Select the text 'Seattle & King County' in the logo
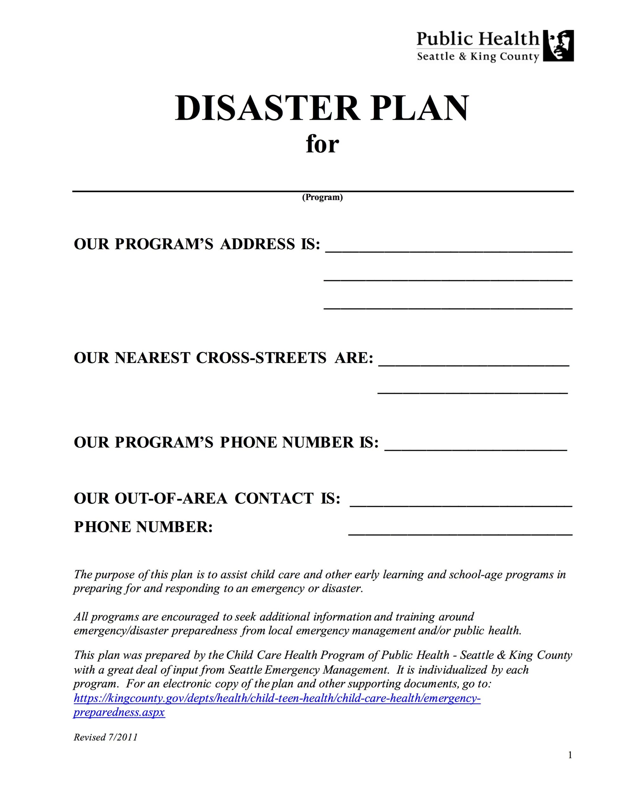tap(478, 57)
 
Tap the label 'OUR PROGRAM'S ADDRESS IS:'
tap(197, 244)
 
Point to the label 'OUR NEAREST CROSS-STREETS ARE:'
tap(223, 358)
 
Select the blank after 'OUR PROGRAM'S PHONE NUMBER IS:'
tap(475, 450)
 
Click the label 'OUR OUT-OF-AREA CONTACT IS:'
tap(207, 498)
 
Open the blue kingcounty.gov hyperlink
tap(277, 699)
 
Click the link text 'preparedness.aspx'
tap(119, 712)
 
